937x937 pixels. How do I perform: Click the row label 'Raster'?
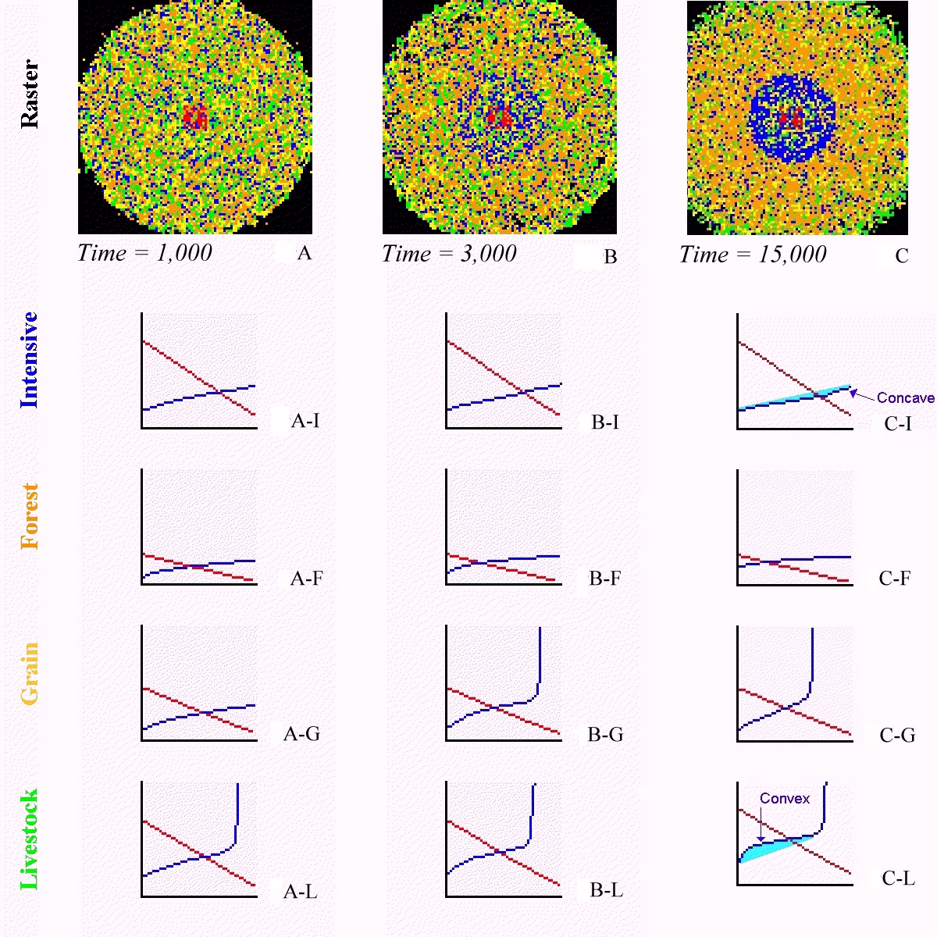pyautogui.click(x=29, y=94)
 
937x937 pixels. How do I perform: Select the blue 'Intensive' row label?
pyautogui.click(x=29, y=359)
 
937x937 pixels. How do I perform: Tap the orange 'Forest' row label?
pyautogui.click(x=30, y=516)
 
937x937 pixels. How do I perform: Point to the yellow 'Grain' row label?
pyautogui.click(x=30, y=673)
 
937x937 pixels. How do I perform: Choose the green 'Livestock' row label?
pyautogui.click(x=30, y=839)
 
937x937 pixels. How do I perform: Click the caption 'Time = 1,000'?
pyautogui.click(x=145, y=253)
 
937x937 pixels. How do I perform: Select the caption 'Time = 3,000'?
pyautogui.click(x=449, y=254)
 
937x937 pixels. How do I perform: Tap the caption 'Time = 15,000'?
pyautogui.click(x=753, y=255)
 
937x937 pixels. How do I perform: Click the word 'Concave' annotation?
pyautogui.click(x=905, y=398)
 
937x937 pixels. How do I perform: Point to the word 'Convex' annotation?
pyautogui.click(x=785, y=799)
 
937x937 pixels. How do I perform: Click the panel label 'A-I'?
pyautogui.click(x=305, y=421)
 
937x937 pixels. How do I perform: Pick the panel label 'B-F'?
pyautogui.click(x=605, y=579)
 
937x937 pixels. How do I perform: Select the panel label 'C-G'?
pyautogui.click(x=897, y=736)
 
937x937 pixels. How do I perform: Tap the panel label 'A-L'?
pyautogui.click(x=301, y=892)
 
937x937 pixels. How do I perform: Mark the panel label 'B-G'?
pyautogui.click(x=605, y=735)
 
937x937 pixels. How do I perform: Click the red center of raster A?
pyautogui.click(x=195, y=118)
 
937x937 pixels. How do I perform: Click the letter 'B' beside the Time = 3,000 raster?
pyautogui.click(x=611, y=257)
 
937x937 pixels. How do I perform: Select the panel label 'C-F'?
pyautogui.click(x=895, y=579)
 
